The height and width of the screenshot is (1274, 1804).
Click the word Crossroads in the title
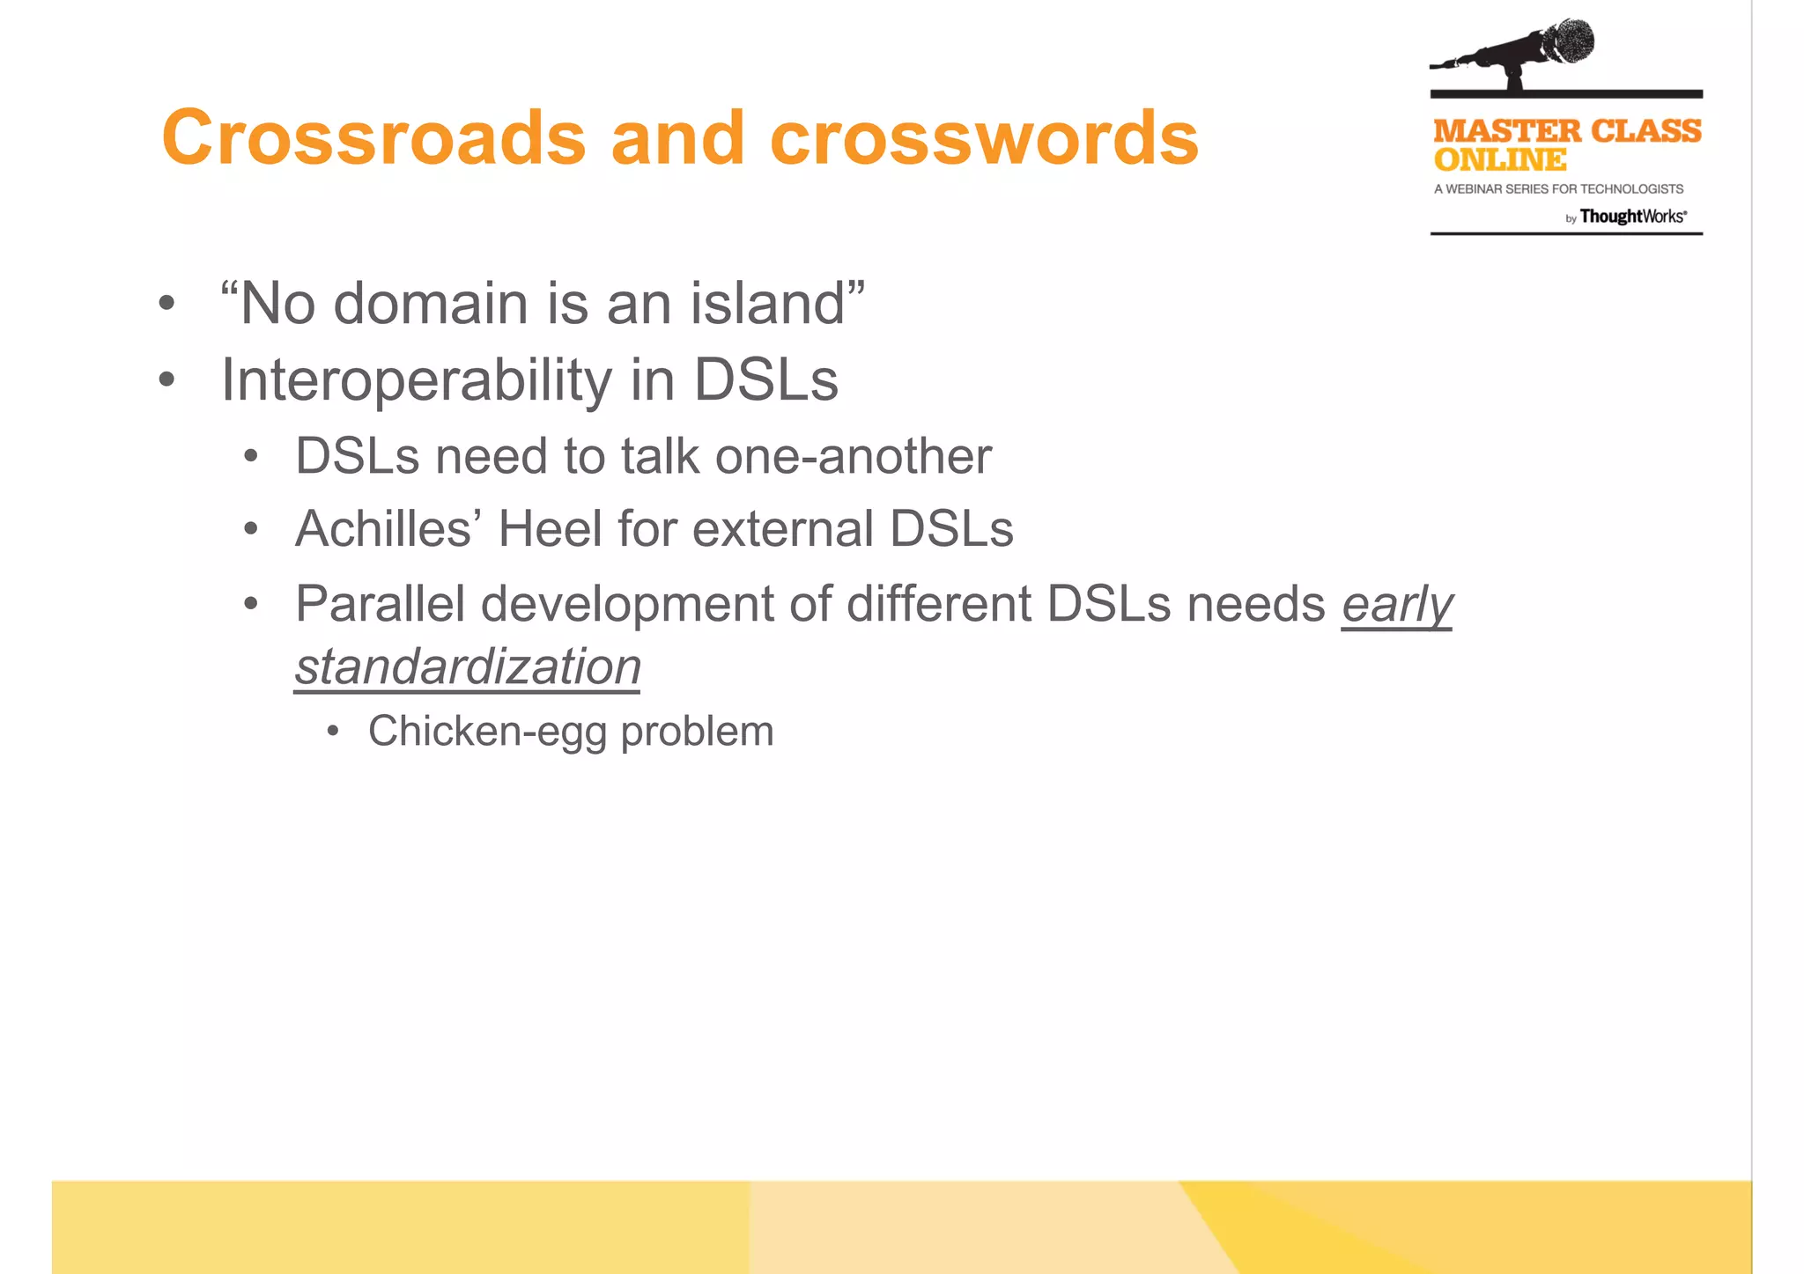point(373,138)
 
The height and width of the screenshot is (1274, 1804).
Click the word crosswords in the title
point(984,138)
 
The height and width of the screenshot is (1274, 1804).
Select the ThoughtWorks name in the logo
point(1631,217)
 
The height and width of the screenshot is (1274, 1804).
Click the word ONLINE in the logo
point(1499,160)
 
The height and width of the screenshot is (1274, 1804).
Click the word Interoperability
point(416,380)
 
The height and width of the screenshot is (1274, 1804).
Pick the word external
point(783,528)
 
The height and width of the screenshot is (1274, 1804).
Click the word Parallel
point(380,604)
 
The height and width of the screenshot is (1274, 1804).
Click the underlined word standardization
point(467,666)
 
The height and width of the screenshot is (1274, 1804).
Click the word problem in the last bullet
point(697,732)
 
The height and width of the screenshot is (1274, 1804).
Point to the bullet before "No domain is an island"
point(166,305)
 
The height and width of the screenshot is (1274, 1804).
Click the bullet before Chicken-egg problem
point(332,732)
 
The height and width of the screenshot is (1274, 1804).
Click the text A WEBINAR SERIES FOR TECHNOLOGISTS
point(1558,189)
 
